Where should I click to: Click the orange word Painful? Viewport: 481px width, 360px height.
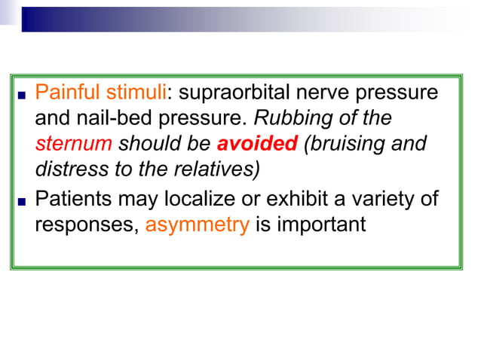click(67, 93)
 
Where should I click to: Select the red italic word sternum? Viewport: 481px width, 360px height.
click(74, 143)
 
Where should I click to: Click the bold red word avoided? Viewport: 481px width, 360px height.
click(257, 143)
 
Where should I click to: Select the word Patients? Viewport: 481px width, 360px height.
click(69, 200)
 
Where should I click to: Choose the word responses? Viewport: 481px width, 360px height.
click(86, 224)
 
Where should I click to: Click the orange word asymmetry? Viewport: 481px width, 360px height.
click(197, 224)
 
